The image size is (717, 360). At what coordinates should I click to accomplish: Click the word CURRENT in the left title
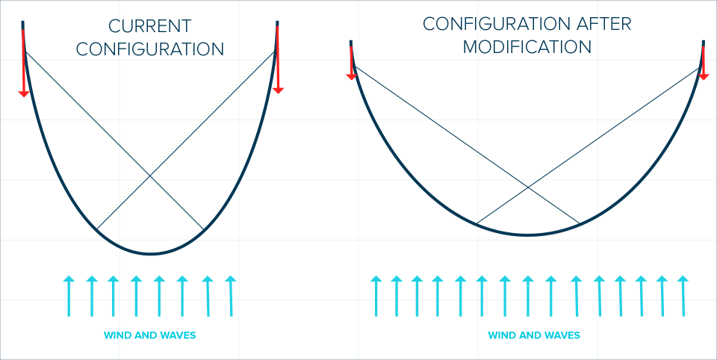coord(150,26)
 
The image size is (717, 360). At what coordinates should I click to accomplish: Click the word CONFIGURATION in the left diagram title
coord(150,50)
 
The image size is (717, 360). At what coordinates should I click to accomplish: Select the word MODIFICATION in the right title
coord(527,47)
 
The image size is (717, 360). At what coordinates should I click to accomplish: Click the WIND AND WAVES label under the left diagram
coord(149,335)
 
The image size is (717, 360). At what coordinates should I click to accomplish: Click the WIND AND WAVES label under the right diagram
coord(533,335)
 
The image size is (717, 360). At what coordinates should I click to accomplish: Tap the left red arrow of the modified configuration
coord(351,64)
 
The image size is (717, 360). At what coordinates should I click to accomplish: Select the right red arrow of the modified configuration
coord(703,64)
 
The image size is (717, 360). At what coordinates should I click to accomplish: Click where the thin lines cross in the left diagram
coord(150,175)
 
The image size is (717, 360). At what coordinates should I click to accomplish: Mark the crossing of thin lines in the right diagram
coord(528,187)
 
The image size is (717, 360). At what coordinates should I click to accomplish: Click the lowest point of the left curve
coord(150,254)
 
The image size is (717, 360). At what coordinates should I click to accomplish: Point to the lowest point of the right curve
coord(528,235)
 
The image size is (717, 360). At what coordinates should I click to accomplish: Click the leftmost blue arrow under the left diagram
coord(69,296)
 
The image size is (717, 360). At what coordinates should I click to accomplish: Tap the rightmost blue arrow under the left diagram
coord(231,296)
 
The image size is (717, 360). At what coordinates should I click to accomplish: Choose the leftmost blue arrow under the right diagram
coord(376,296)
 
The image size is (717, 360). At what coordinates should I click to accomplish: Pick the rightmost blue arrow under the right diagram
coord(681,296)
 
